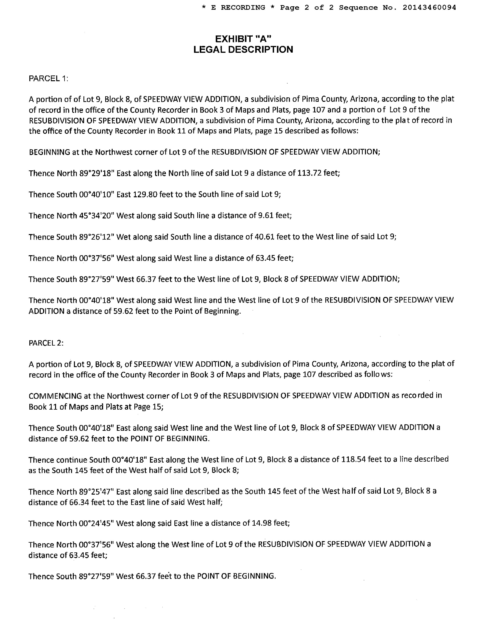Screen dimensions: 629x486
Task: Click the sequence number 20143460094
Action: point(429,8)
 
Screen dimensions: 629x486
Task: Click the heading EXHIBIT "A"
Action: point(243,38)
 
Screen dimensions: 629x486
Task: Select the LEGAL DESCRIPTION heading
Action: point(243,50)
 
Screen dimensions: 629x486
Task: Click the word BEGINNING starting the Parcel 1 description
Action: point(50,152)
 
